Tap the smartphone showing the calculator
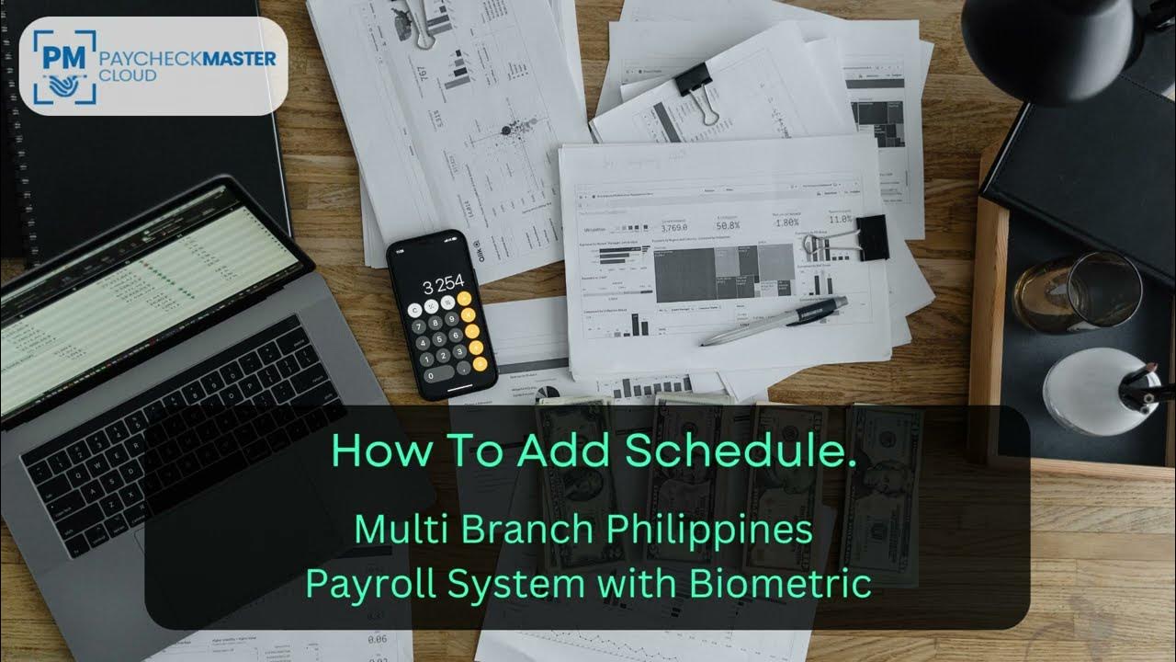tap(442, 313)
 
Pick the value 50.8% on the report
tap(728, 225)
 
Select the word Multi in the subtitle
tap(386, 531)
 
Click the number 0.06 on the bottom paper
tap(376, 638)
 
